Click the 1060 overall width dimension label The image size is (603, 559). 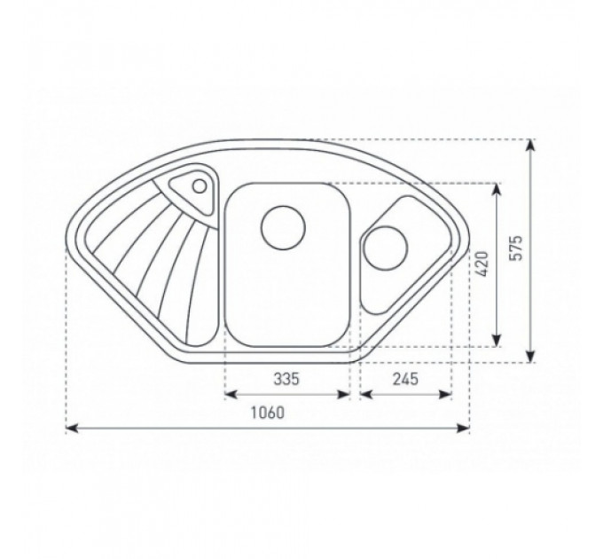click(268, 413)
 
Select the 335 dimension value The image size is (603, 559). click(286, 379)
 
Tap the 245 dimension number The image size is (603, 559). click(405, 379)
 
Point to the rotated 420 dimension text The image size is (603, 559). click(482, 264)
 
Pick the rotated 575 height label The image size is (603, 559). click(516, 248)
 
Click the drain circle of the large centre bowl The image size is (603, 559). click(283, 227)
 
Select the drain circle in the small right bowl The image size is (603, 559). click(385, 248)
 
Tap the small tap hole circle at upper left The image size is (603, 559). click(200, 186)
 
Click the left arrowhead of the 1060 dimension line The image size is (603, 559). click(73, 428)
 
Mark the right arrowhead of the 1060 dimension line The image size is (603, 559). click(463, 428)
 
